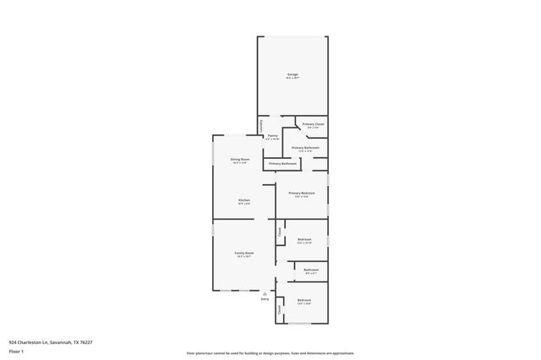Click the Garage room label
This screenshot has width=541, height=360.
(x=292, y=75)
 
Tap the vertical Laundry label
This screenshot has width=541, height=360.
(x=260, y=125)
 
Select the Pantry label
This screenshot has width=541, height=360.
(x=272, y=136)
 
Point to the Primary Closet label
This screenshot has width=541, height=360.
(x=314, y=125)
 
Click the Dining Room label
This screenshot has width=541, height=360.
(x=240, y=160)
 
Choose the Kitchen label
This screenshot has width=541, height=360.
(x=243, y=200)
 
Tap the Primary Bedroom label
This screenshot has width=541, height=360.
(x=302, y=194)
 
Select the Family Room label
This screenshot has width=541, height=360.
(x=244, y=253)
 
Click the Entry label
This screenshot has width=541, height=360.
(x=265, y=298)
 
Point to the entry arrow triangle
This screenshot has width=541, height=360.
(x=265, y=292)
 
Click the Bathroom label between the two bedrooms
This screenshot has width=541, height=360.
(x=310, y=270)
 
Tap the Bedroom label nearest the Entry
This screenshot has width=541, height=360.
(x=303, y=300)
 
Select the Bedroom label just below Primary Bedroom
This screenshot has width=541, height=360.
(x=304, y=240)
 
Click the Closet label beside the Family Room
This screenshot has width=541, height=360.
(x=280, y=231)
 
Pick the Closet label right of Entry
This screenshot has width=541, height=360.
(x=280, y=309)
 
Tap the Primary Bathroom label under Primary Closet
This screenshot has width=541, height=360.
(x=305, y=148)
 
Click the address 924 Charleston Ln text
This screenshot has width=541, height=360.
(x=50, y=342)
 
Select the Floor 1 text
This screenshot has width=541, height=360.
(x=16, y=350)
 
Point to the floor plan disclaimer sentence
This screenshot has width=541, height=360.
(x=270, y=353)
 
